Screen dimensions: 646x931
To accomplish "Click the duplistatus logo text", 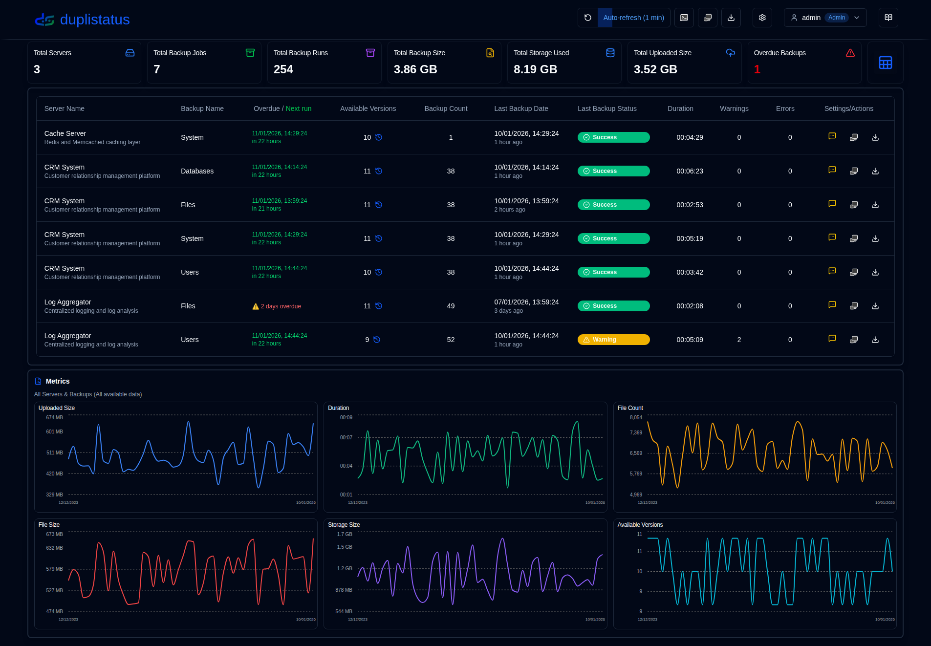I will pos(94,20).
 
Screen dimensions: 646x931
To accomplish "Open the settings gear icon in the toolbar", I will pos(762,18).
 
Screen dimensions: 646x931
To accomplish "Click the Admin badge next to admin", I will pos(836,18).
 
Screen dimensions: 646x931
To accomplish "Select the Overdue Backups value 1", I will pos(757,69).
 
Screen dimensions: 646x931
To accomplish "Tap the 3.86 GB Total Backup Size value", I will pos(415,69).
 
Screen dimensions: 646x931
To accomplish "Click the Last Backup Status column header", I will pos(606,108).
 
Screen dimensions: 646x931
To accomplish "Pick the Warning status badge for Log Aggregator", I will pos(613,340).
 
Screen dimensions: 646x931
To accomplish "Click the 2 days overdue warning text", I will pos(281,306).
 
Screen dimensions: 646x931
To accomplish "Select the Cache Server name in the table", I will pos(65,133).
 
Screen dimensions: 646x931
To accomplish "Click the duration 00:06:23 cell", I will pos(690,171).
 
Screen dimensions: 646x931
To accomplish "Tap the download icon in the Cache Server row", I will pos(875,137).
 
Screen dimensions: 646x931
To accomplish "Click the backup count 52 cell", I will pos(451,340).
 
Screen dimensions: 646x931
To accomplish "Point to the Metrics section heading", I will pos(57,381).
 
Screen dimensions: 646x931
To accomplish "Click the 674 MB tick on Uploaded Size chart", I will pos(54,417).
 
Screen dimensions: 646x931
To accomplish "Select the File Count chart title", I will pos(630,408).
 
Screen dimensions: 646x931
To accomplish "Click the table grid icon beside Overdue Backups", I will pos(885,63).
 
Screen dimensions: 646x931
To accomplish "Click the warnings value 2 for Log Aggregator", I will pos(739,340).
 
